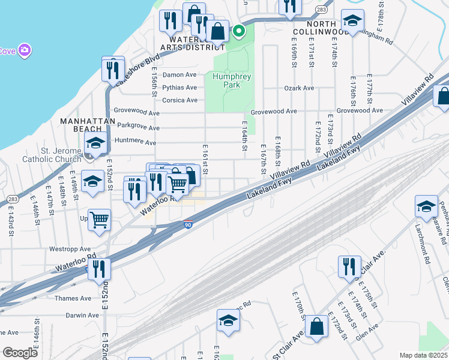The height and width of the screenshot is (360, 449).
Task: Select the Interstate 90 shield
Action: coord(188,224)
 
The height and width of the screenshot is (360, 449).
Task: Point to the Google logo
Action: coord(20,353)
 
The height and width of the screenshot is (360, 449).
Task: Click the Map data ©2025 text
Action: coord(423,355)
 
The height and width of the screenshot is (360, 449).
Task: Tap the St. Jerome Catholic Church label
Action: coord(52,154)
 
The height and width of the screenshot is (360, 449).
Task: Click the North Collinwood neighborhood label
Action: coord(321,31)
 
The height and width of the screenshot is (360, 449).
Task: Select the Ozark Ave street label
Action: coord(299,88)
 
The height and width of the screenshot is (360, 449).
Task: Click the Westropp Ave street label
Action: coord(70,248)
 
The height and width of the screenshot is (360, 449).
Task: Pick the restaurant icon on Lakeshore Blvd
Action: coord(113,70)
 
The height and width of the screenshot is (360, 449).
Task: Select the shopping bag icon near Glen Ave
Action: coord(316,327)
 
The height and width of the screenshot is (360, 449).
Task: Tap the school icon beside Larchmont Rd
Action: coord(426,207)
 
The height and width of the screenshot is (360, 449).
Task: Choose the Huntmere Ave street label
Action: coord(139,142)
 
